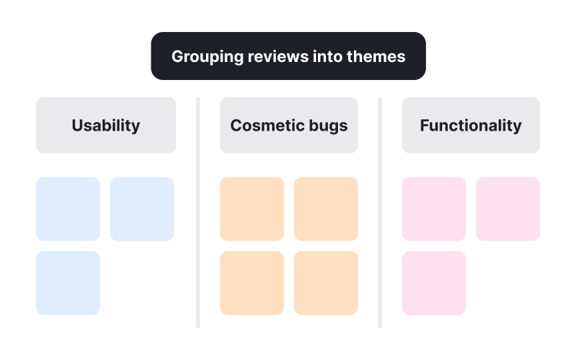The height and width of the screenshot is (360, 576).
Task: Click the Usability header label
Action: click(x=106, y=125)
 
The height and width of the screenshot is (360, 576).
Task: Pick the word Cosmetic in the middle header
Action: click(x=263, y=125)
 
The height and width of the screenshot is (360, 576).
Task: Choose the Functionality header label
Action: click(x=471, y=125)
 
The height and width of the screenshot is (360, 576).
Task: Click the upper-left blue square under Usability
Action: click(x=68, y=209)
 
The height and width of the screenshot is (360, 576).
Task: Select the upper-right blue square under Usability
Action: click(x=142, y=209)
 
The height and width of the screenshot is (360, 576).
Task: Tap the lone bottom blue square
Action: click(x=68, y=283)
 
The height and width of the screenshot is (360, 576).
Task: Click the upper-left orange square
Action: click(x=252, y=209)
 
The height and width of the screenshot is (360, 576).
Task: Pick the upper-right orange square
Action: click(x=326, y=209)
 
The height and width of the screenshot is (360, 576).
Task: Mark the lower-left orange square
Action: click(x=252, y=283)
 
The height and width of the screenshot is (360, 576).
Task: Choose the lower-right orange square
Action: click(x=326, y=283)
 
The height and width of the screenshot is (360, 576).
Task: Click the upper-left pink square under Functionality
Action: click(x=434, y=209)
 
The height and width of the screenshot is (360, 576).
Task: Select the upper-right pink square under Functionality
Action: click(x=508, y=209)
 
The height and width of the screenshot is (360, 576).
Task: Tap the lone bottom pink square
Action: click(x=434, y=283)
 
